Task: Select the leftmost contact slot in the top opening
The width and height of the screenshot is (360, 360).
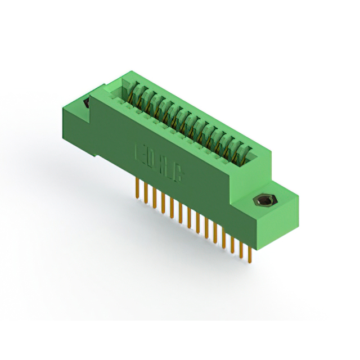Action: pyautogui.click(x=135, y=90)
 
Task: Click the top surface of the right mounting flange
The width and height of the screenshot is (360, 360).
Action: pyautogui.click(x=276, y=194)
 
